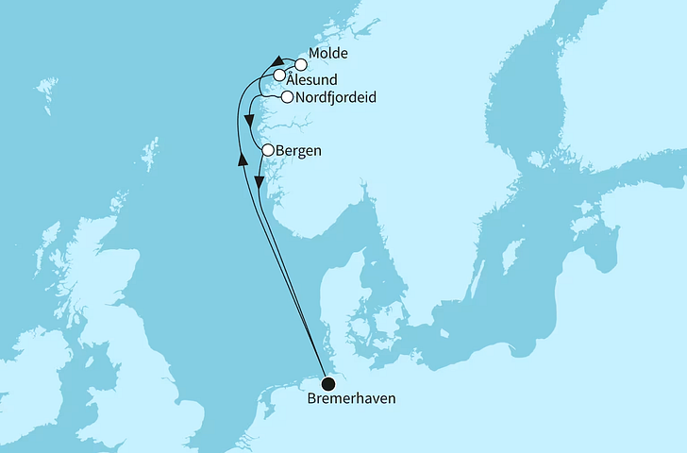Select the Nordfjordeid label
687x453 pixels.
pos(329,96)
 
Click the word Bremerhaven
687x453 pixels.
pos(351,399)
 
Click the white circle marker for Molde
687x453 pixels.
pos(301,65)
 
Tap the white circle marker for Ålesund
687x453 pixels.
pos(280,75)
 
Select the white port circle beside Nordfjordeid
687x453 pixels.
pos(286,96)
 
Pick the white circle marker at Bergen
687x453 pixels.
pos(268,150)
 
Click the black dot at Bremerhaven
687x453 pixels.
pos(327,384)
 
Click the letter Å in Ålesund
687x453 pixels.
pos(293,80)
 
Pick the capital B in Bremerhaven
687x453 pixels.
pos(312,399)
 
